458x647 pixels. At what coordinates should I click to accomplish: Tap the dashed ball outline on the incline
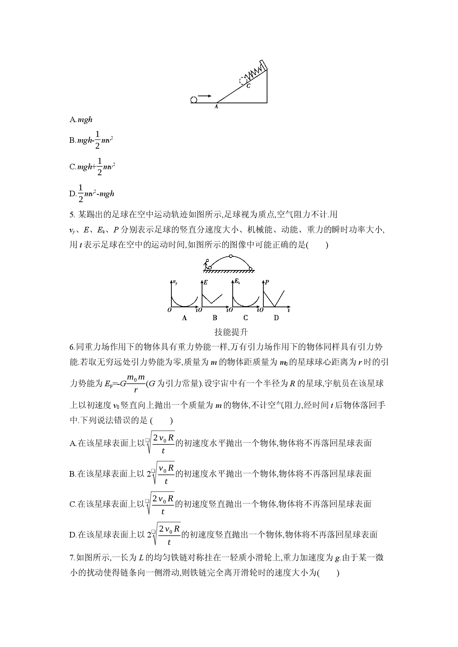point(243,80)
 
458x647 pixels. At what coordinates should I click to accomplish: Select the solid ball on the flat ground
point(194,99)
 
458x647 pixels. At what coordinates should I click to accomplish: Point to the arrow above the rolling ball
point(205,96)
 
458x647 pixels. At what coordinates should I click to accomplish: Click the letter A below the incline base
point(216,107)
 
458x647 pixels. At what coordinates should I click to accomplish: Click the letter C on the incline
point(249,86)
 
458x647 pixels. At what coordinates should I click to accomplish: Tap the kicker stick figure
point(206,264)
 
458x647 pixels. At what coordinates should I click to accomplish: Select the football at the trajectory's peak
point(231,256)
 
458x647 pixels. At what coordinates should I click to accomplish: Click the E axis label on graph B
point(205,282)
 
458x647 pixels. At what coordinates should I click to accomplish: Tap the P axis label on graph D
point(267,282)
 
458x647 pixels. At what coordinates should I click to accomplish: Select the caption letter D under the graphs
point(276,318)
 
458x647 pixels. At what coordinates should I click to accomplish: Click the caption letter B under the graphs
point(215,318)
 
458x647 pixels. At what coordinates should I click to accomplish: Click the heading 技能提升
point(231,332)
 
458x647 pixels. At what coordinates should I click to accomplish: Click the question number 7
point(72,557)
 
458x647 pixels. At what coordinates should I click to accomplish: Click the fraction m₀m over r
point(136,384)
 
